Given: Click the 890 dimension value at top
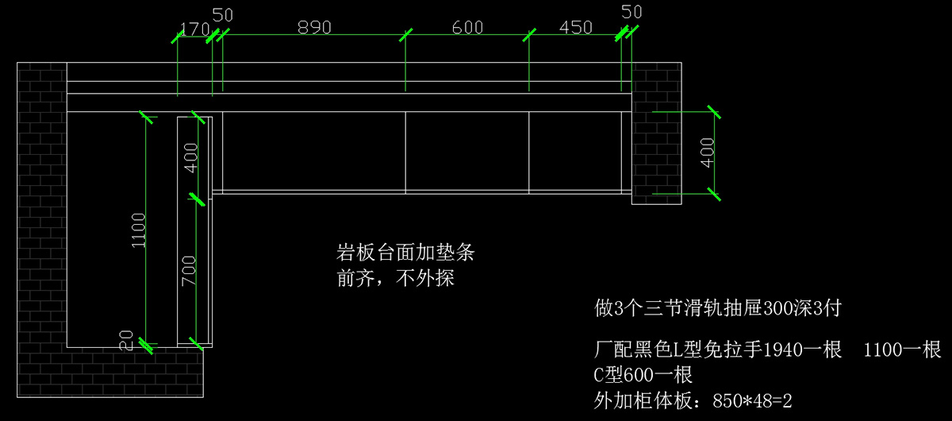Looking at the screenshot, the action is tap(313, 27).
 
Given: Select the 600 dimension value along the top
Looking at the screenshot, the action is tap(467, 27).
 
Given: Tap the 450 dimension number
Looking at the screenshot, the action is tap(575, 27).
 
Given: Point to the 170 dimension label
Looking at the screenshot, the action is tap(194, 29).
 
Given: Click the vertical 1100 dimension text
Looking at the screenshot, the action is tap(139, 230).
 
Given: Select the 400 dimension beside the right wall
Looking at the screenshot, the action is tap(708, 152).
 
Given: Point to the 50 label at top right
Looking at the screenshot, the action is tap(631, 11).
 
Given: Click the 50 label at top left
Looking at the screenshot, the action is tap(224, 15).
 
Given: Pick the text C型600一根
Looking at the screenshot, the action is tap(643, 374).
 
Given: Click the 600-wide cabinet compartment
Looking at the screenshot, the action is tap(466, 151).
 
